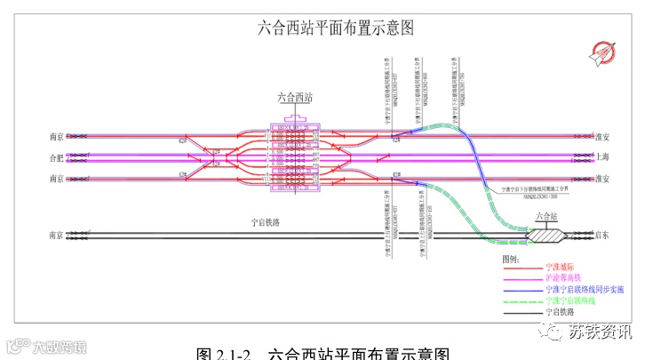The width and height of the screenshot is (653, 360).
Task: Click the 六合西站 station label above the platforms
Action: click(x=295, y=99)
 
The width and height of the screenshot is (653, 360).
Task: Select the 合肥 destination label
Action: click(x=56, y=158)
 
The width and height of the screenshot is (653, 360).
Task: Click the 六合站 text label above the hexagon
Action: click(x=545, y=216)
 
